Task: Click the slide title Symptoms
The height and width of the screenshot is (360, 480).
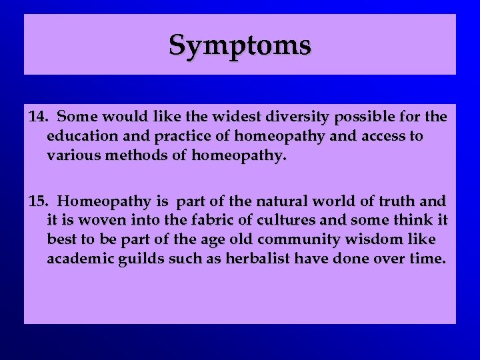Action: tap(240, 45)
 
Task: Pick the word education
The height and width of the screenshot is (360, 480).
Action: tap(79, 137)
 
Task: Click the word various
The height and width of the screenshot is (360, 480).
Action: tap(70, 156)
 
